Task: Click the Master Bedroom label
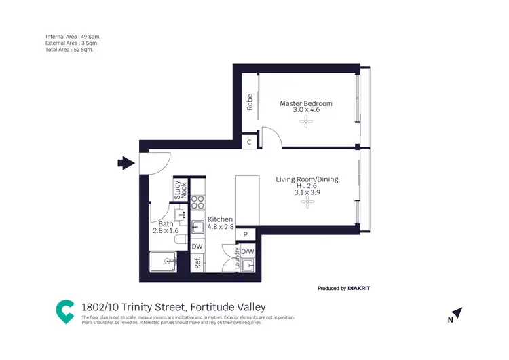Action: click(x=306, y=103)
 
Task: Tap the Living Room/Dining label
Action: click(x=307, y=179)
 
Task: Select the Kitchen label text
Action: click(x=221, y=219)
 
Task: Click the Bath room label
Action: click(x=166, y=224)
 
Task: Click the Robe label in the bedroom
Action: click(x=250, y=102)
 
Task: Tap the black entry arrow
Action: click(x=126, y=163)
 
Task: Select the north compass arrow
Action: click(x=457, y=314)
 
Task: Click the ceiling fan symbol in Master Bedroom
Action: click(x=307, y=122)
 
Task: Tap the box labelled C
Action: click(x=250, y=142)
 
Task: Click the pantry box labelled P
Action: click(x=245, y=234)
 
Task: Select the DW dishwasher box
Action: click(x=197, y=246)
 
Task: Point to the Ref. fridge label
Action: click(x=197, y=263)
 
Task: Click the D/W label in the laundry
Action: click(x=248, y=251)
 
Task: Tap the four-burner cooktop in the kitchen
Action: click(x=197, y=202)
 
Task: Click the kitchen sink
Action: click(x=197, y=227)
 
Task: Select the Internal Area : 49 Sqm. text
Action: click(x=73, y=36)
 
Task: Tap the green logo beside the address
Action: click(x=64, y=310)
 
